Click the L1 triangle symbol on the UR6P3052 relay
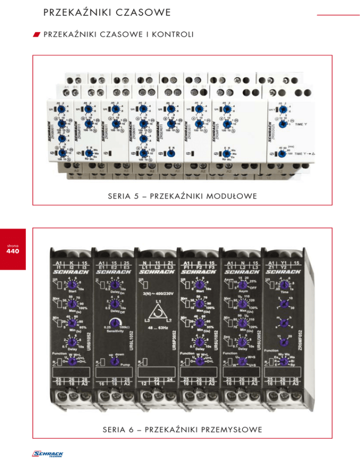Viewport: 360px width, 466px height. [157, 318]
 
